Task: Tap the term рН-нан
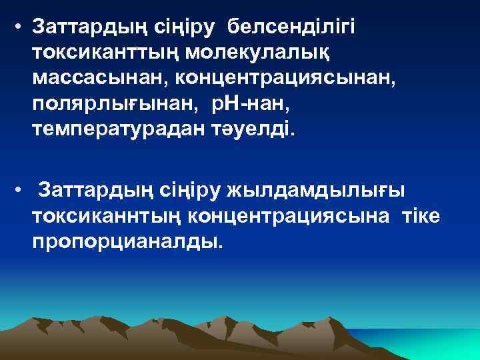pos(235,104)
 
